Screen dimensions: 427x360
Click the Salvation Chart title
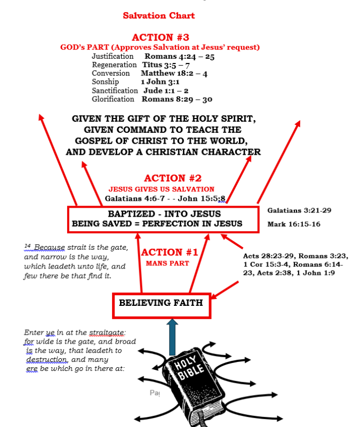point(158,15)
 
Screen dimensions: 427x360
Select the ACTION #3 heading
point(160,37)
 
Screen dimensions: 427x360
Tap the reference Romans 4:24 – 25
point(179,56)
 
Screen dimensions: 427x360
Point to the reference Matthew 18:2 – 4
point(174,73)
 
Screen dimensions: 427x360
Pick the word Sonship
point(106,82)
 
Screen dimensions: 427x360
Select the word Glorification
point(113,99)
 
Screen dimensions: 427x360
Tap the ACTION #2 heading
point(172,178)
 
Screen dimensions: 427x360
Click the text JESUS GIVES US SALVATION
point(162,189)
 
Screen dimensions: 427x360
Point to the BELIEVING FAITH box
point(161,303)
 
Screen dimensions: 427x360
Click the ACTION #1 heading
point(170,252)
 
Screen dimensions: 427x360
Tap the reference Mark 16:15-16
point(294,224)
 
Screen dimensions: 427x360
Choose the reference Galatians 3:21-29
point(299,210)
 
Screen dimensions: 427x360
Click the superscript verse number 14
point(27,246)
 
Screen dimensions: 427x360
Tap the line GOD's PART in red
point(160,48)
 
